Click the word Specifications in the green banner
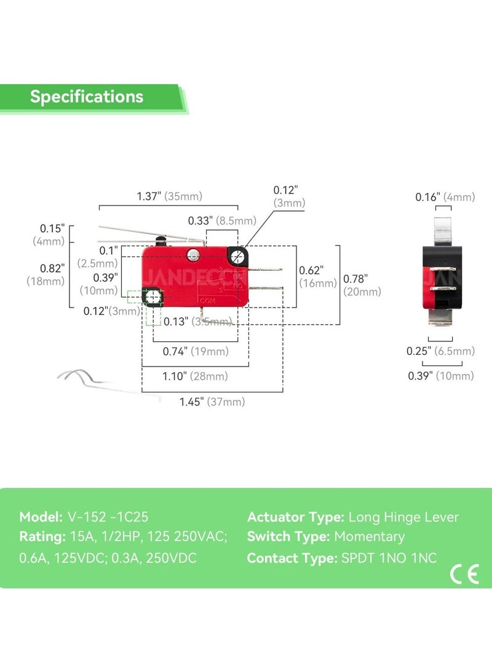(x=87, y=97)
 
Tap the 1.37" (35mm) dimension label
(x=169, y=196)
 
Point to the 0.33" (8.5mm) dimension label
(x=222, y=220)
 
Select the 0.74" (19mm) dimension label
(x=196, y=351)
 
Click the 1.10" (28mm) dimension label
(x=196, y=376)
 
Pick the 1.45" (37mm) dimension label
(x=212, y=402)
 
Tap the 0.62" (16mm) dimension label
(x=318, y=276)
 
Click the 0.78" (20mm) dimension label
(x=362, y=285)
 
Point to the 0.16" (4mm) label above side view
(x=445, y=197)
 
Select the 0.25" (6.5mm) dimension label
(x=440, y=351)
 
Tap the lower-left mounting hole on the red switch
(x=152, y=298)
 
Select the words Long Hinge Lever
(x=403, y=517)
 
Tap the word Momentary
(x=369, y=537)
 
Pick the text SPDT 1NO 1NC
(x=389, y=558)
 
